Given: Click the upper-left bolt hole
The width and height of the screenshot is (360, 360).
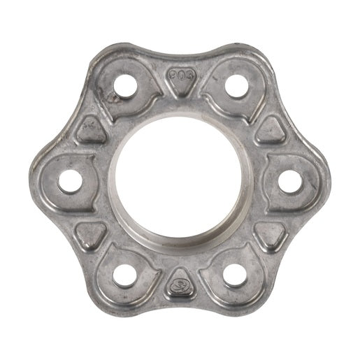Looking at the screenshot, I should (x=126, y=87).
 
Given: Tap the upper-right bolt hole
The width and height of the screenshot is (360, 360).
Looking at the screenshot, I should (x=233, y=86).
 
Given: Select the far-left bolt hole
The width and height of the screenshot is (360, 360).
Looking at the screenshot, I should (x=70, y=181).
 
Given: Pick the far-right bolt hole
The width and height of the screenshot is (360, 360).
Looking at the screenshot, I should (x=288, y=180).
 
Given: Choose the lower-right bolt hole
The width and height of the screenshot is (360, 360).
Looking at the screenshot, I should (x=234, y=274).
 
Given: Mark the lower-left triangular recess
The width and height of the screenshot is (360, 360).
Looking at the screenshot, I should (x=92, y=233).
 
